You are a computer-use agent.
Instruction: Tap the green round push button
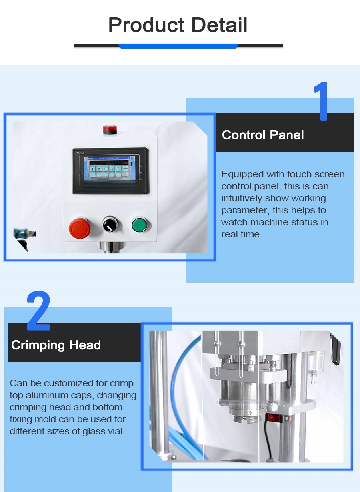[x=139, y=224]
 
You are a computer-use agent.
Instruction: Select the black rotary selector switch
[x=110, y=224]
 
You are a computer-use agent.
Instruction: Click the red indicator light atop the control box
[x=110, y=129]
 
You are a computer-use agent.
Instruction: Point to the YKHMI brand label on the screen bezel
[x=80, y=153]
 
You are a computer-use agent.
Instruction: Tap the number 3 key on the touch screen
[x=106, y=169]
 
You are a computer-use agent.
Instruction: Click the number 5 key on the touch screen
[x=118, y=169]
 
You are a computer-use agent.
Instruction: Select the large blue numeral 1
[x=322, y=101]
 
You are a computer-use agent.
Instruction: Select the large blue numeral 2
[x=39, y=311]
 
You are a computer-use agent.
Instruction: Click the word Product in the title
[x=146, y=25]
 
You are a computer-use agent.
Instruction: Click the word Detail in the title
[x=219, y=25]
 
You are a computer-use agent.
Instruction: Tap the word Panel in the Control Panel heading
[x=286, y=135]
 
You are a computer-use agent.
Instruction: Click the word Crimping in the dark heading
[x=38, y=345]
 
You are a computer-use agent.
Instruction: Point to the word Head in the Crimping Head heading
[x=85, y=345]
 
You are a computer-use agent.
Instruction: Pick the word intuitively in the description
[x=241, y=198]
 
